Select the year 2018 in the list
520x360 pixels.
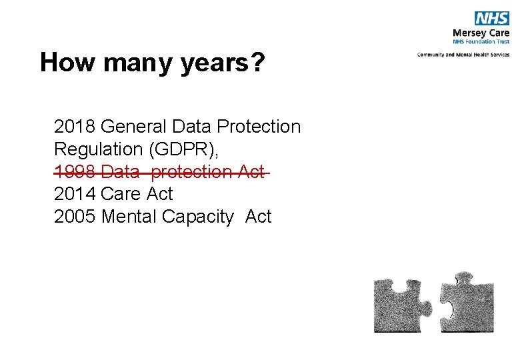click(75, 126)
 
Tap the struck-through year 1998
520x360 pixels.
click(75, 171)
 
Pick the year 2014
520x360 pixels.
click(75, 194)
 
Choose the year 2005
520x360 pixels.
click(75, 217)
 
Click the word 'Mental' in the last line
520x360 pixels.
click(129, 217)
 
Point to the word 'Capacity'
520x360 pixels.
click(198, 217)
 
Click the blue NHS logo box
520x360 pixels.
click(491, 19)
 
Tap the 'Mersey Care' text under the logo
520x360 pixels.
click(480, 32)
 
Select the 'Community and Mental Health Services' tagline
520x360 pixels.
click(463, 55)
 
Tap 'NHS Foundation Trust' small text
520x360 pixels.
click(481, 41)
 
